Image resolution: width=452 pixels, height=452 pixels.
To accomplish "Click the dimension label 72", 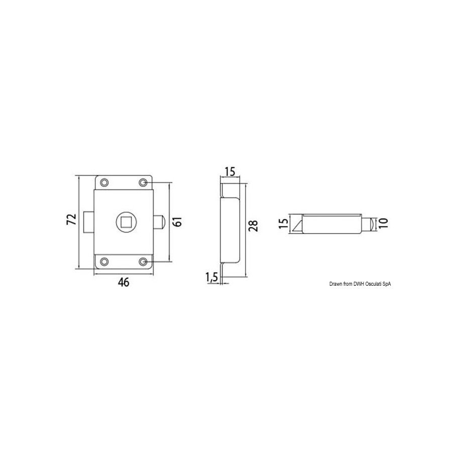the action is coord(71,219).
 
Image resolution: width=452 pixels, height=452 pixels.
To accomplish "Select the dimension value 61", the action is coord(178,221).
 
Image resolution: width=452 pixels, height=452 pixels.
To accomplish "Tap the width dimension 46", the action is coord(124,282).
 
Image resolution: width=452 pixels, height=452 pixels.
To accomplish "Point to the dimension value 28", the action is coord(254,225).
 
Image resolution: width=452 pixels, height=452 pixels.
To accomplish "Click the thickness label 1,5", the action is coord(211,277).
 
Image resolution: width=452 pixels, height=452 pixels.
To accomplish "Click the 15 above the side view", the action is coord(230,172).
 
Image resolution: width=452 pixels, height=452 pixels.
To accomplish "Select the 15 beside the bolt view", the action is coord(284,223).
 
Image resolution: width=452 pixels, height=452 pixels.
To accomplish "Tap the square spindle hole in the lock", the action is coord(126,222).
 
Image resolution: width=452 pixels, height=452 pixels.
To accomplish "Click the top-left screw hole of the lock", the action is coord(104,183).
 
